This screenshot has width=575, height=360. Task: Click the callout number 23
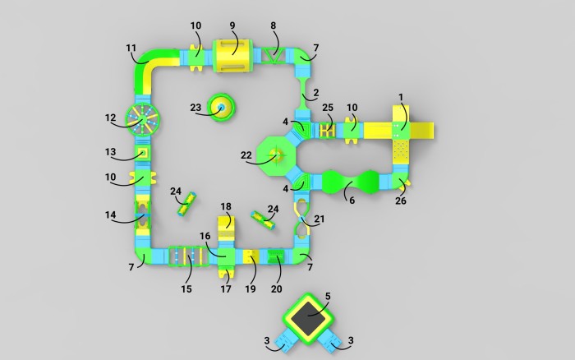click(x=195, y=108)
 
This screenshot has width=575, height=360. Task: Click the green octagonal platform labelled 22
click(x=276, y=155)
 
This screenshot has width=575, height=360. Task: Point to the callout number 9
click(x=232, y=25)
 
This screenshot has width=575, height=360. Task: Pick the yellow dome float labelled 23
click(x=221, y=107)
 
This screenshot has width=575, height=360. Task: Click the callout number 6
click(x=352, y=201)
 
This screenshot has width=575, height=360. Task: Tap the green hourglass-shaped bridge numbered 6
click(x=350, y=182)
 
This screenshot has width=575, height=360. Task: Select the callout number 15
click(x=186, y=289)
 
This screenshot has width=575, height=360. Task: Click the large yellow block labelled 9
click(x=232, y=56)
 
